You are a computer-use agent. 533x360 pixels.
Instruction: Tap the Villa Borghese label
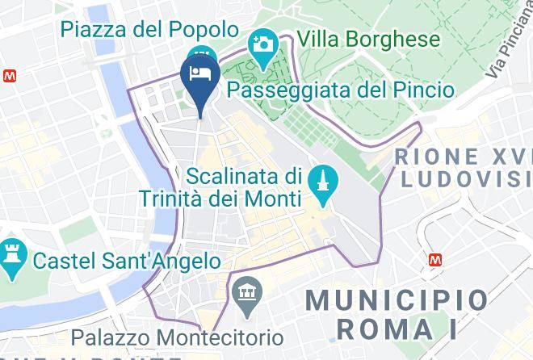click(x=368, y=39)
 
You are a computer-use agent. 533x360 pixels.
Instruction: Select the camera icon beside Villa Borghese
click(x=262, y=43)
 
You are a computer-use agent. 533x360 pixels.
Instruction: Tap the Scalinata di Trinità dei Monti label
click(x=242, y=186)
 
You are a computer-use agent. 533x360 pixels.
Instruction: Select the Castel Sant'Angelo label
click(x=126, y=261)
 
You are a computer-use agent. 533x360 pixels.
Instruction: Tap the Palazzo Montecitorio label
click(x=177, y=337)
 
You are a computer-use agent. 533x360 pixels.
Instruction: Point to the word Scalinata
click(x=234, y=175)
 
